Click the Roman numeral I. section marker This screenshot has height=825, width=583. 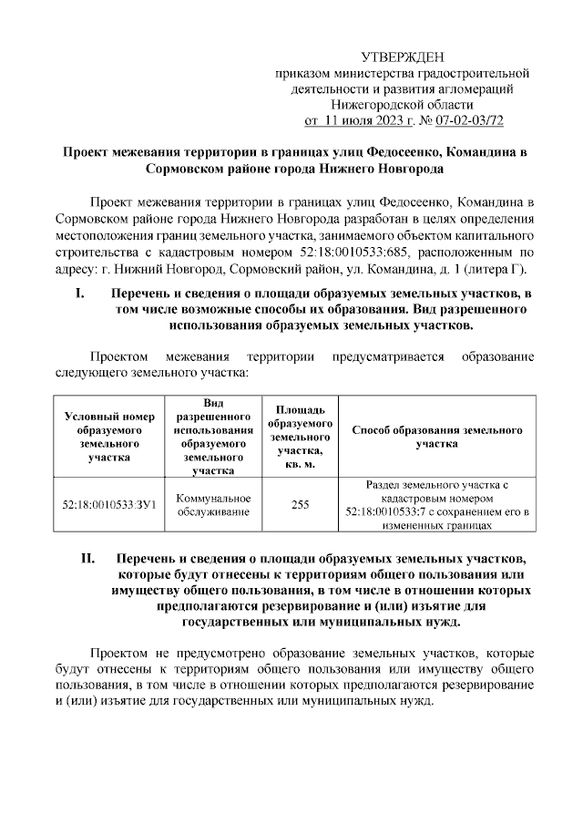(79, 293)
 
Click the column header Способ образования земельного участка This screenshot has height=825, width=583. (436, 436)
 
